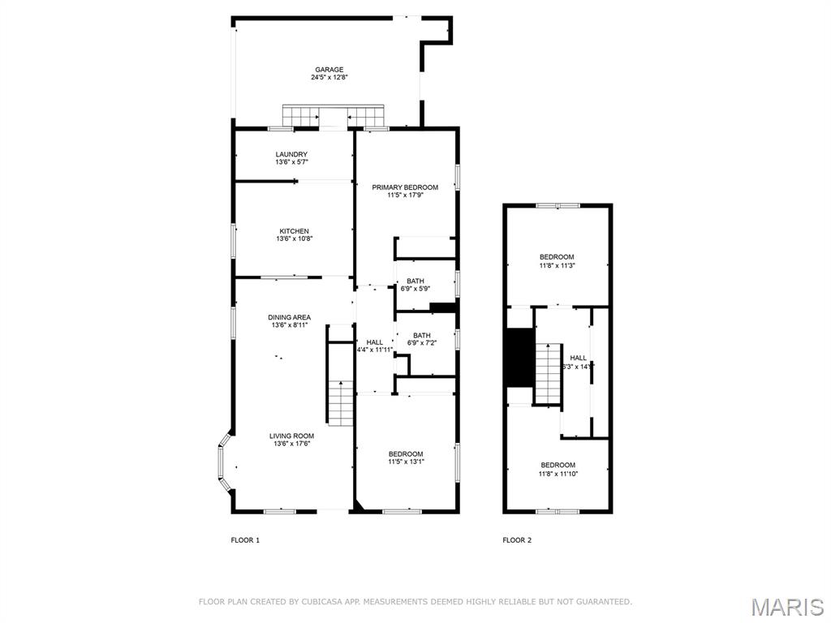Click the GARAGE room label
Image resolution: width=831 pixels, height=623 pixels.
click(x=329, y=70)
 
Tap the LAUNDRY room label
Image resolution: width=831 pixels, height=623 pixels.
click(x=291, y=154)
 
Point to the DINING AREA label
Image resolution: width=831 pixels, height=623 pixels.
click(x=290, y=317)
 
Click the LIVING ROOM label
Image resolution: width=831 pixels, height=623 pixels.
click(x=291, y=436)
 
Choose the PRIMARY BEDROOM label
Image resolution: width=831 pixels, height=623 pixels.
click(x=405, y=187)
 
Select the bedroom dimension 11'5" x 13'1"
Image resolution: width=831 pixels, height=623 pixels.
click(x=405, y=462)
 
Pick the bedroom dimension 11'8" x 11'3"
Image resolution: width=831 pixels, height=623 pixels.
click(x=557, y=265)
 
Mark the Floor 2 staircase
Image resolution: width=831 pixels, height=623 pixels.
click(x=548, y=373)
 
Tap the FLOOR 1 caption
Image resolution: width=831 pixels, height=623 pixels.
click(x=245, y=540)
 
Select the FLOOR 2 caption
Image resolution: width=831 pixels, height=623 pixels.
click(x=517, y=540)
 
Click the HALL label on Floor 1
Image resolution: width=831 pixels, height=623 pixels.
click(x=374, y=342)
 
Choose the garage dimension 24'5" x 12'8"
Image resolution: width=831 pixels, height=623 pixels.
click(x=329, y=78)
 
